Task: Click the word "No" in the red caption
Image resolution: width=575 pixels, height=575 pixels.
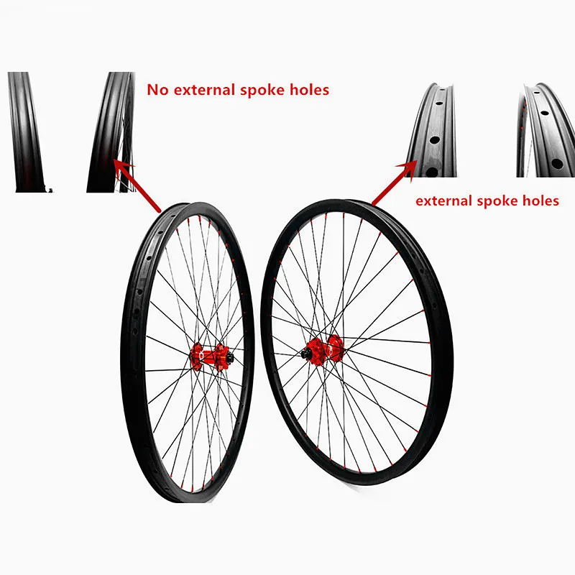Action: click(x=157, y=90)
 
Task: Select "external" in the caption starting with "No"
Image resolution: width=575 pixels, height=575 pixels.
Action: click(x=208, y=90)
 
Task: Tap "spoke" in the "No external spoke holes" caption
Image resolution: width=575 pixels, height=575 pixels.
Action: click(x=264, y=90)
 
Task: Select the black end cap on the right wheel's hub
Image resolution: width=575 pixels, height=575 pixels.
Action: click(x=306, y=353)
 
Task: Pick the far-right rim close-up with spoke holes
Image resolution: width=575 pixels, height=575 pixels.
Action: click(x=544, y=129)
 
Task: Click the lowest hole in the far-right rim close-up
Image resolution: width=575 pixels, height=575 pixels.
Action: click(x=556, y=164)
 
